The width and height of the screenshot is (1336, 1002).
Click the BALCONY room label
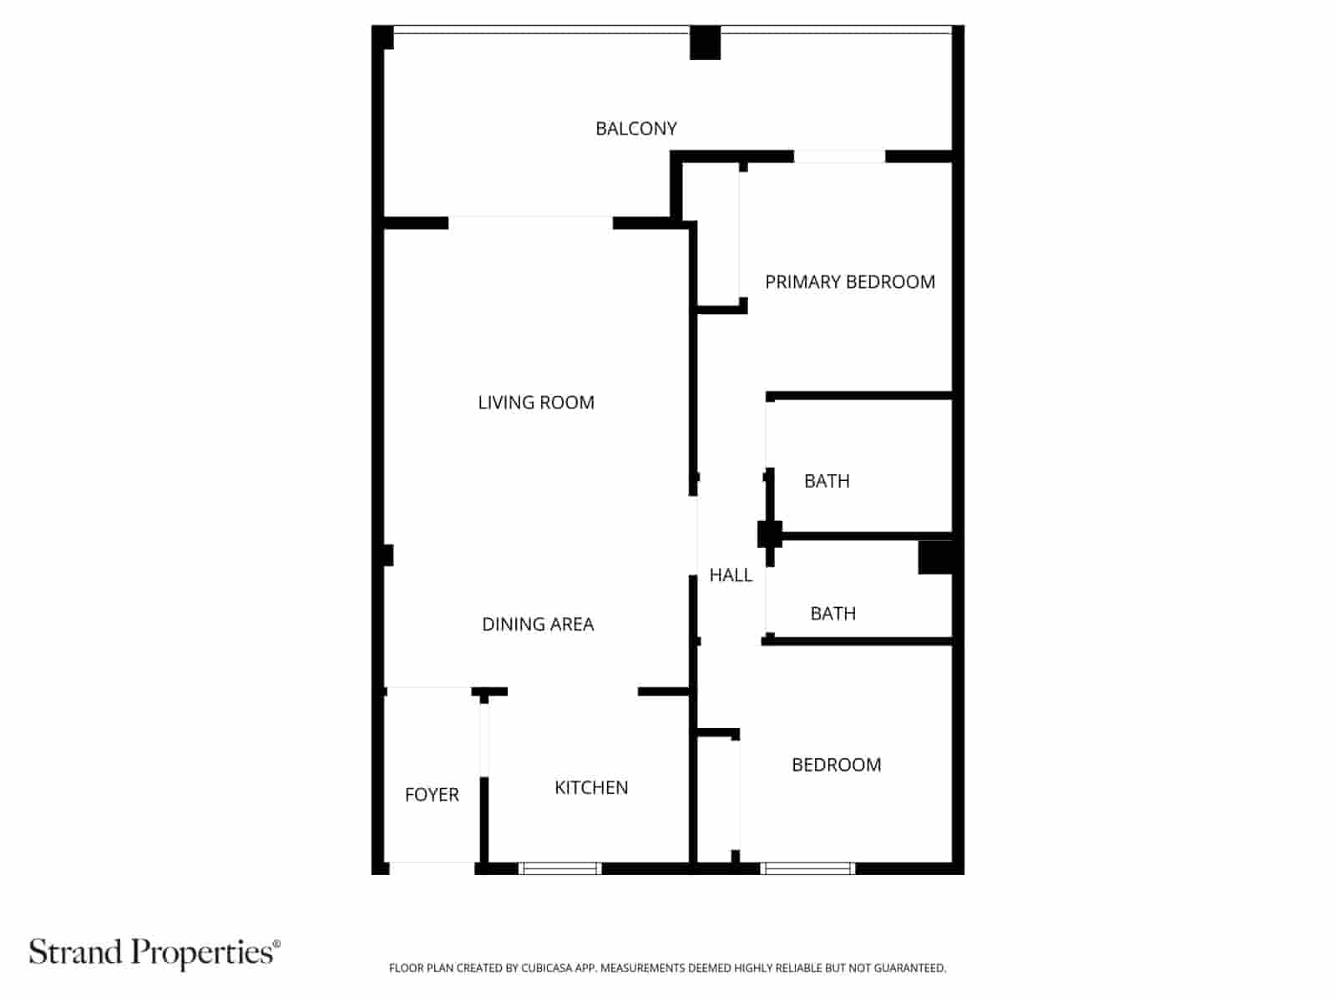point(636,129)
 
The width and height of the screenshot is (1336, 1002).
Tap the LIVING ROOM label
point(535,402)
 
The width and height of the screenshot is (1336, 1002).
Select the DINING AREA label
point(538,624)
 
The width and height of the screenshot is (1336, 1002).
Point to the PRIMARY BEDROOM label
point(850,281)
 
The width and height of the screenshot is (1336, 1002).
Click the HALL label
point(731,574)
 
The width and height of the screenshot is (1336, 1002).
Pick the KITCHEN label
point(591,787)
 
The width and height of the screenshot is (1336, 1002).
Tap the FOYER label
point(432,794)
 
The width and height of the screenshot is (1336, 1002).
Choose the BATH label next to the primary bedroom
point(827,481)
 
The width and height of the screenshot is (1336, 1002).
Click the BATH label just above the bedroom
point(832,613)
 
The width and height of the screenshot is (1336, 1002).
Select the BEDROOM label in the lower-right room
point(837,764)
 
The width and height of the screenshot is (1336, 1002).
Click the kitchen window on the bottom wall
point(560,868)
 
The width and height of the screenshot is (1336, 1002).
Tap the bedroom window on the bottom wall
point(807,868)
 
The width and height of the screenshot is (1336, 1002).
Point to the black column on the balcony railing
point(705,43)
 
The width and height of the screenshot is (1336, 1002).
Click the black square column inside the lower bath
point(935,557)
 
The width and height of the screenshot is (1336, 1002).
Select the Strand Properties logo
point(154,954)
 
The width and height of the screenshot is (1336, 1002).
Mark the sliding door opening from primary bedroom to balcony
point(839,156)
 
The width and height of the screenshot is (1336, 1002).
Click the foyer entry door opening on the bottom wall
point(433,868)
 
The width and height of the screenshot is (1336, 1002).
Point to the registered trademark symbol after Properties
point(277,944)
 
